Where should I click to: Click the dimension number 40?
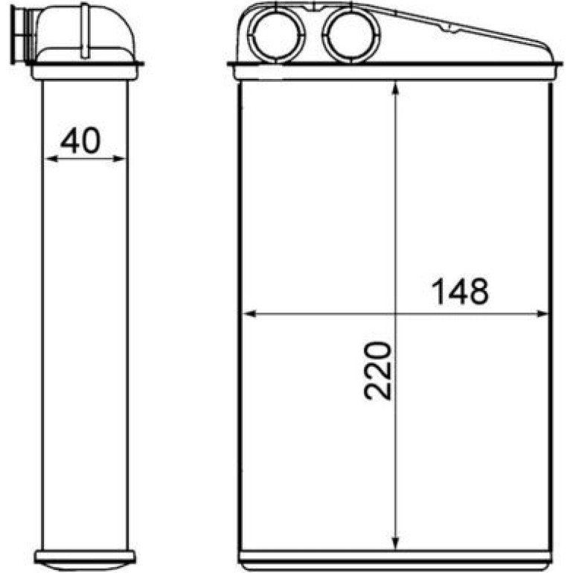[80, 141]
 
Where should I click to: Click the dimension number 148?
[460, 292]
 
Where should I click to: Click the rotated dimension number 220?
[378, 371]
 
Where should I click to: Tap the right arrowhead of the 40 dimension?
[120, 159]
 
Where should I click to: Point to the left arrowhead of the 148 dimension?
[249, 313]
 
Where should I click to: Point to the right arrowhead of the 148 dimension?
[542, 313]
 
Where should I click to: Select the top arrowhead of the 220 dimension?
[395, 89]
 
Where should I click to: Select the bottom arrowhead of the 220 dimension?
[395, 542]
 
